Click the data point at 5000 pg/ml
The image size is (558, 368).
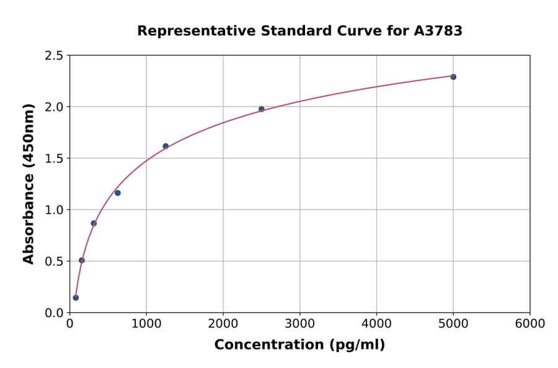pos(453,77)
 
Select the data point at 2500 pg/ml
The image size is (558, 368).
pos(262,109)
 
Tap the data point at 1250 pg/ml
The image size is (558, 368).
pos(166,146)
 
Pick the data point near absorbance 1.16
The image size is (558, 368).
pos(118,193)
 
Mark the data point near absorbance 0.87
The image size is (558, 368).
pos(94,223)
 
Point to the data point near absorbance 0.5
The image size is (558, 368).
pos(82,260)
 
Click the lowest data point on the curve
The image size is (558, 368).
pos(76,297)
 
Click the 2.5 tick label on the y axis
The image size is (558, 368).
pos(53,56)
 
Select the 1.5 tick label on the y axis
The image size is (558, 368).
pos(53,159)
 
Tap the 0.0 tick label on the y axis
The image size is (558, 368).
pos(53,313)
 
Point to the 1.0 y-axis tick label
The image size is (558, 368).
pos(53,210)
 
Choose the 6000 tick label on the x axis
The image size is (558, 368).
pos(529,324)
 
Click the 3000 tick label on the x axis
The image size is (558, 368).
pos(299,324)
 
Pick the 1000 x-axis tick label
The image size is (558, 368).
pos(146,324)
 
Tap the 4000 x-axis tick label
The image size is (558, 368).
pos(376,324)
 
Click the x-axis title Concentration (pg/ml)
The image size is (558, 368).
pos(299,345)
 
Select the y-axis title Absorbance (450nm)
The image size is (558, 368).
pos(29,183)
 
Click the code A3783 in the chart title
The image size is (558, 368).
pos(438,31)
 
